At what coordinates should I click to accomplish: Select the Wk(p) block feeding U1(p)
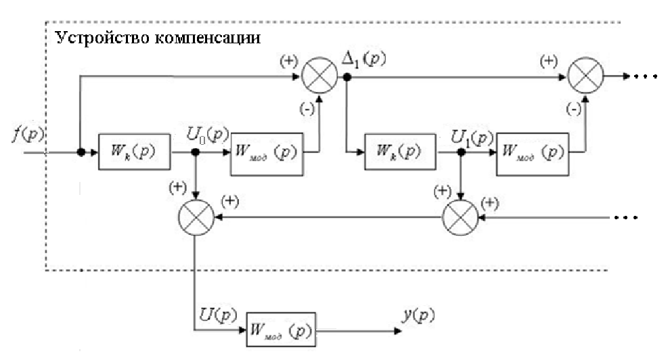click(x=399, y=152)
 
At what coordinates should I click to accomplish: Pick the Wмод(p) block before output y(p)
click(x=280, y=331)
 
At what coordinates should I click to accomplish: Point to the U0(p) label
click(x=206, y=134)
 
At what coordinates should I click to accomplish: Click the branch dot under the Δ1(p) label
click(x=346, y=78)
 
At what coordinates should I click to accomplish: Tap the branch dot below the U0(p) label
click(x=195, y=152)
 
